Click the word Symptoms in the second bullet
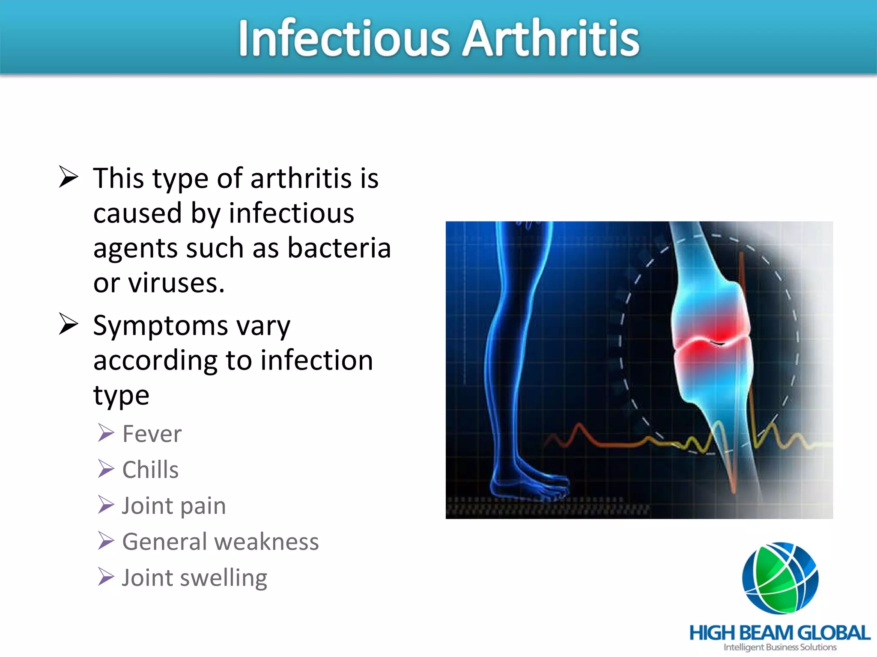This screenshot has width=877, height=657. [x=161, y=326]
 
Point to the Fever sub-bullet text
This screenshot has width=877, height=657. [x=152, y=434]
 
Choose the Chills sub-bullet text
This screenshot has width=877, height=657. [x=150, y=470]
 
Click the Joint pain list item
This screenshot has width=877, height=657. [x=174, y=506]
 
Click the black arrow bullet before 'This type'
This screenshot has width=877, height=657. [x=69, y=177]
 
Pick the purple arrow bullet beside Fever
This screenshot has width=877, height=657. [x=106, y=433]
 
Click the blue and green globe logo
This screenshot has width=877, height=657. [x=780, y=578]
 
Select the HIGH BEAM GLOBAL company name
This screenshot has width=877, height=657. [x=779, y=633]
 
